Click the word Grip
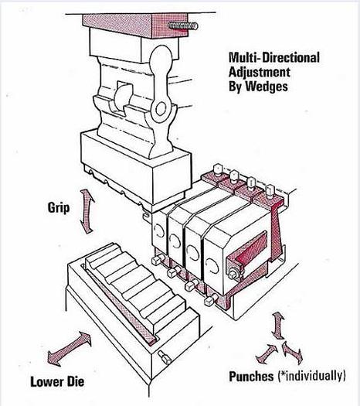pyautogui.click(x=59, y=209)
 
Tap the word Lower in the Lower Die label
pyautogui.click(x=46, y=382)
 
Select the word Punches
pyautogui.click(x=251, y=377)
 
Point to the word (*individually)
pyautogui.click(x=311, y=376)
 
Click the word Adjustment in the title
pyautogui.click(x=260, y=72)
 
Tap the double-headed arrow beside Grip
pyautogui.click(x=87, y=212)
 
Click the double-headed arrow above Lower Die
pyautogui.click(x=69, y=349)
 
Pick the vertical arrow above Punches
pyautogui.click(x=278, y=326)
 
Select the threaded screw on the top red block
pyautogui.click(x=183, y=26)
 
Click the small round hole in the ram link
pyautogui.click(x=161, y=109)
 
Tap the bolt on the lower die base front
pyautogui.click(x=165, y=357)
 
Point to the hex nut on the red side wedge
pyautogui.click(x=233, y=275)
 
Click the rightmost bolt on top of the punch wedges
pyautogui.click(x=270, y=191)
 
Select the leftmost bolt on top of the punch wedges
pyautogui.click(x=218, y=169)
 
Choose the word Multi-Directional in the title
pyautogui.click(x=274, y=57)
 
